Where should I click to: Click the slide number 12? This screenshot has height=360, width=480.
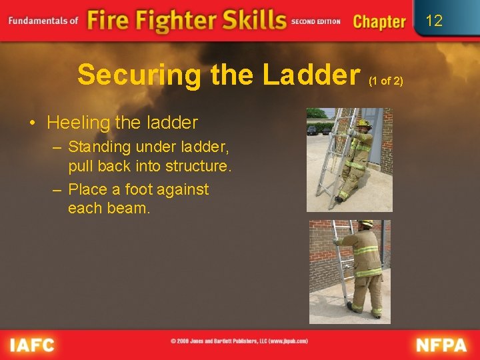[434, 21]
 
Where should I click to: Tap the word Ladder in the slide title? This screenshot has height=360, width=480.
[311, 75]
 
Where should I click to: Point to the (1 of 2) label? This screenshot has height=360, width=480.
[385, 81]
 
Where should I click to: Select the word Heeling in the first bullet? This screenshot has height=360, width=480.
[74, 123]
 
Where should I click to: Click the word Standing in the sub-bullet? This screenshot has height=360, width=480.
[101, 147]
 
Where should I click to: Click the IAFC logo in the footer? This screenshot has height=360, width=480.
[31, 344]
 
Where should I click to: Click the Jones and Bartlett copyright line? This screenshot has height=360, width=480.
[239, 341]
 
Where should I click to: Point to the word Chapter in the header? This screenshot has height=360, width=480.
[379, 21]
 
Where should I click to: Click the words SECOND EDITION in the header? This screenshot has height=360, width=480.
[316, 21]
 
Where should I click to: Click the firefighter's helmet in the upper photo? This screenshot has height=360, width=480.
[363, 123]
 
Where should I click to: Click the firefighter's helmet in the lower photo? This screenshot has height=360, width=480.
[366, 225]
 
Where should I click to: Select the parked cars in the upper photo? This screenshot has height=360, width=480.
[318, 129]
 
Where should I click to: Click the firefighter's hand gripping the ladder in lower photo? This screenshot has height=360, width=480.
[337, 241]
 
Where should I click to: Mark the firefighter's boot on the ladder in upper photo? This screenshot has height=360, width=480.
[340, 198]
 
